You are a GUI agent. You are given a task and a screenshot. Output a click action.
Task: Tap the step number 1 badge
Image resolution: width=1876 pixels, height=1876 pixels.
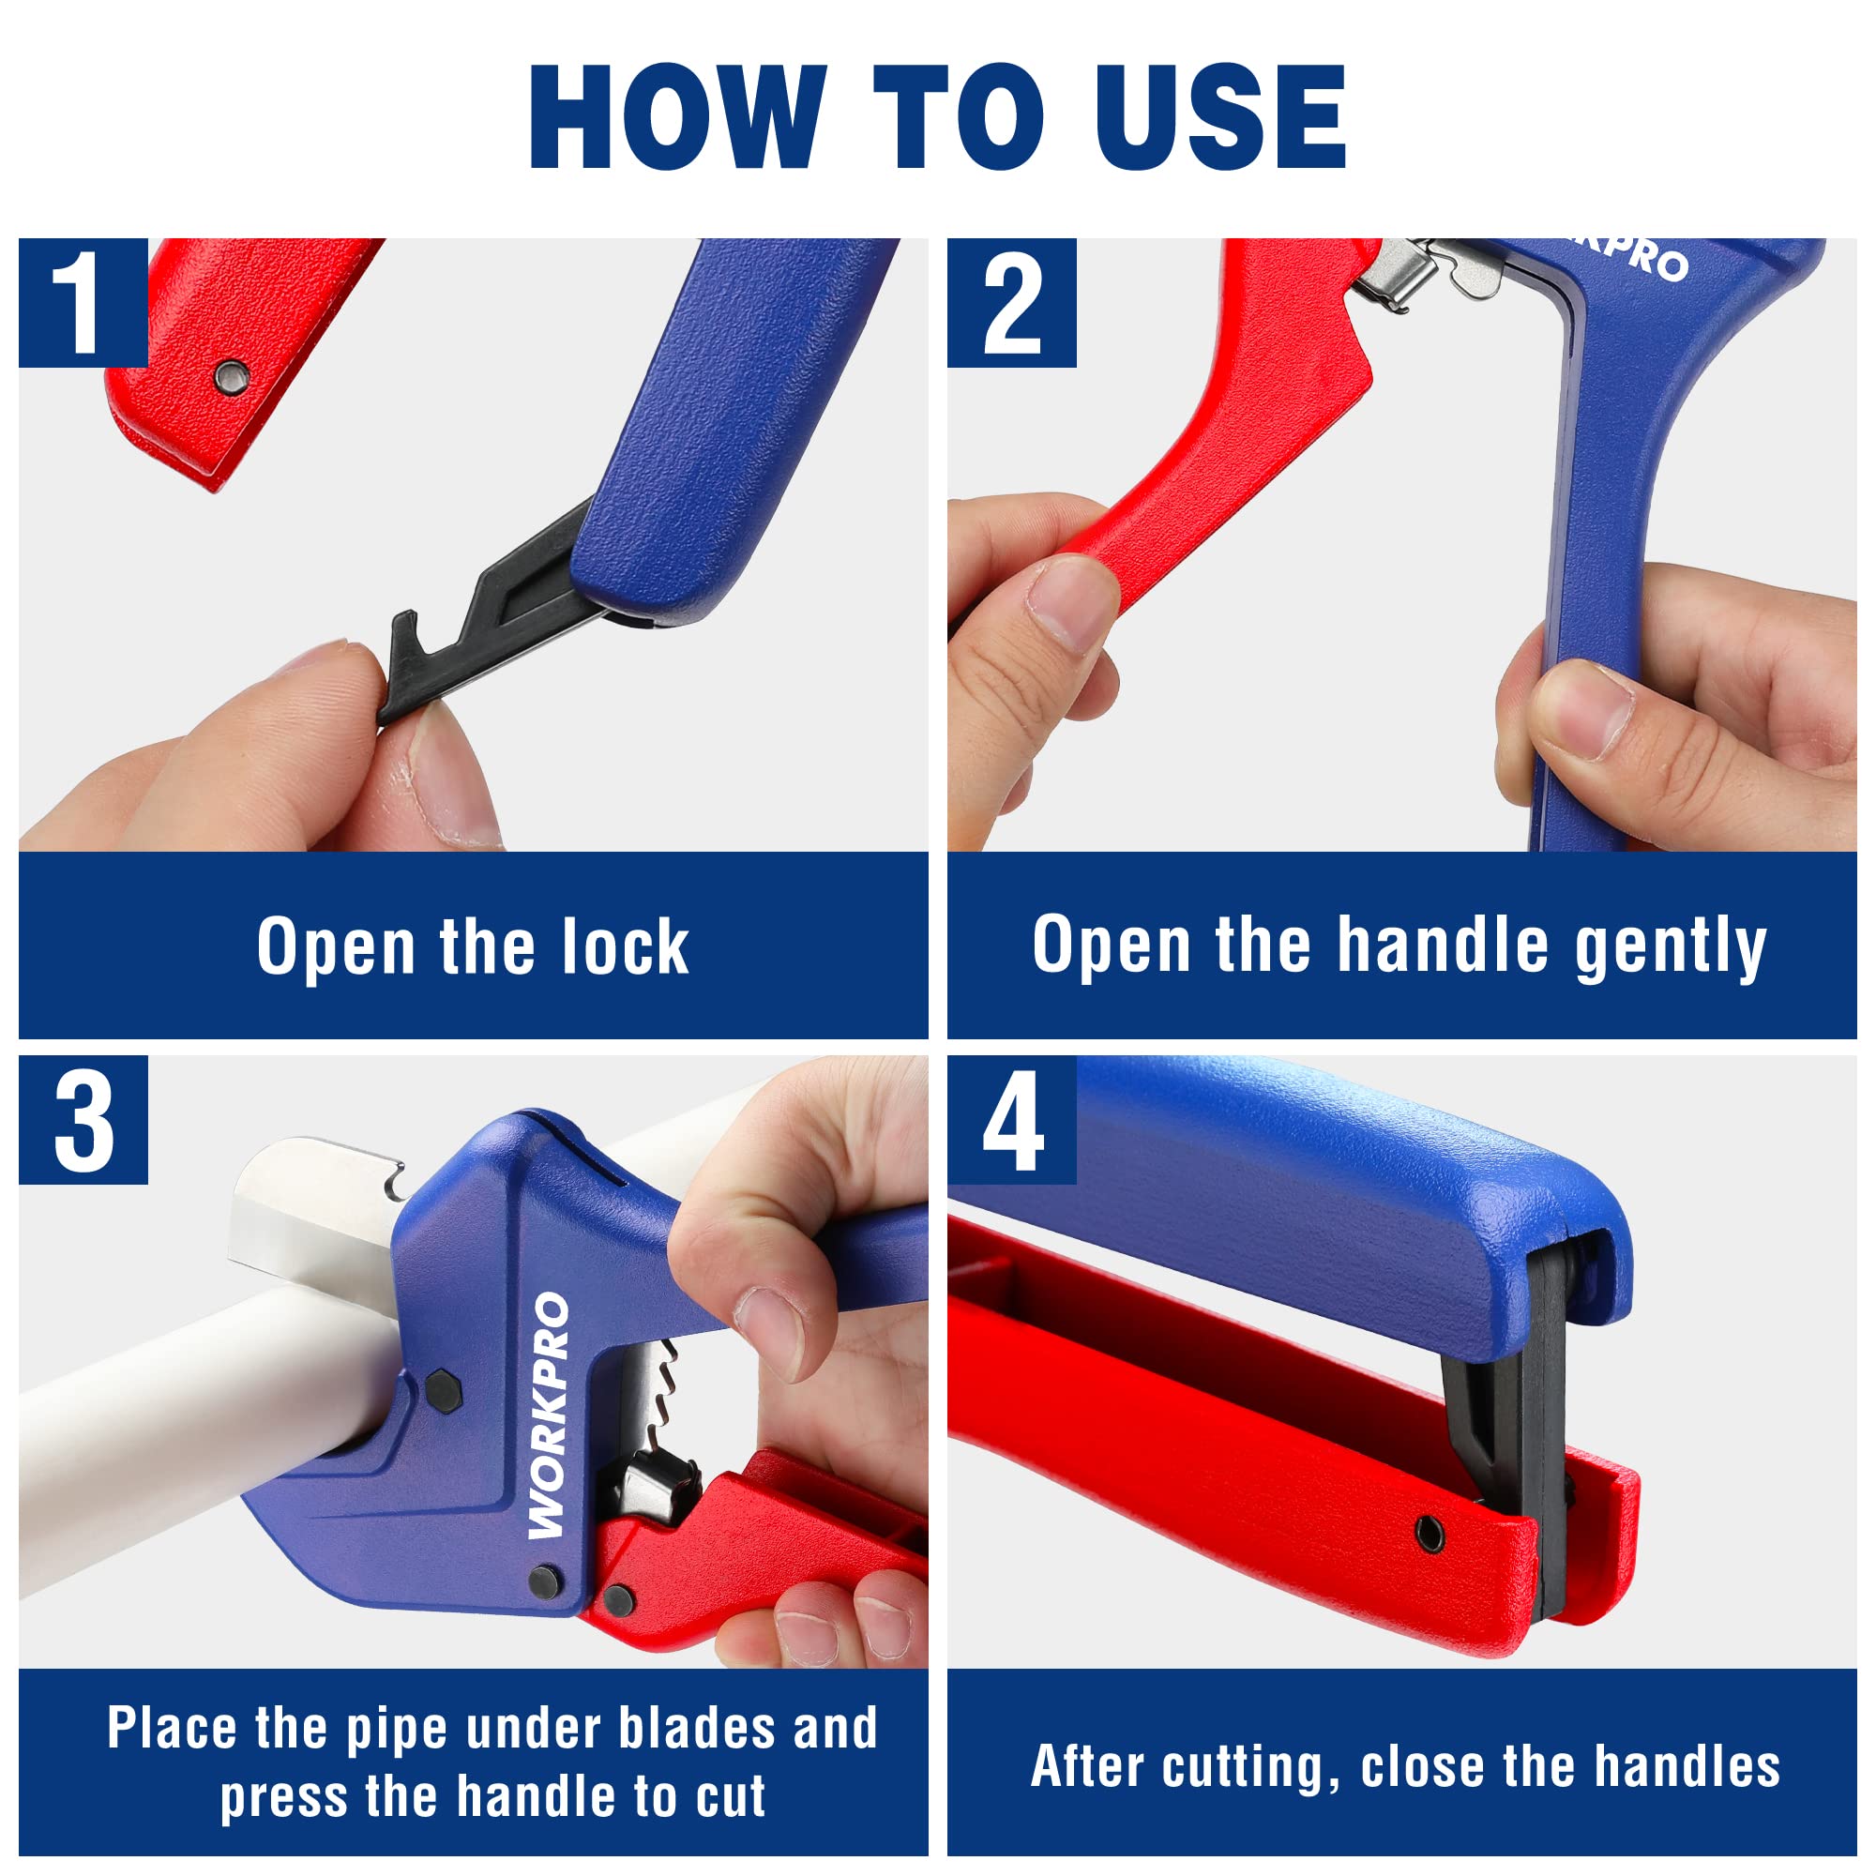tap(83, 302)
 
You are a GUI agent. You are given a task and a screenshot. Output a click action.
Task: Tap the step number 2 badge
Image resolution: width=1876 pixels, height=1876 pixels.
tap(1011, 302)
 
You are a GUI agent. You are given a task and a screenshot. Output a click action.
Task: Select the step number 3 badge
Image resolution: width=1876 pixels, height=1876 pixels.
tap(83, 1120)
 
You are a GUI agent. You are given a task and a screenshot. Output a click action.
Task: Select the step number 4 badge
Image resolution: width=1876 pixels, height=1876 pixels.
tap(1011, 1120)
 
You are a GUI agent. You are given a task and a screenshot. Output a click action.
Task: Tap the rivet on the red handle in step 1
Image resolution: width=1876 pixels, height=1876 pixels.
tap(231, 375)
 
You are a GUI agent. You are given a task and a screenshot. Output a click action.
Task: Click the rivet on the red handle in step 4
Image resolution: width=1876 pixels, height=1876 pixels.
tap(1430, 1535)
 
